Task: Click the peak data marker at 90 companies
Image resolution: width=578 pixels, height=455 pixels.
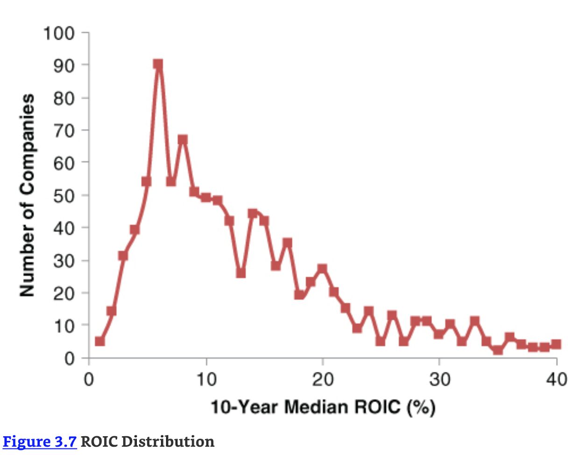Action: click(158, 64)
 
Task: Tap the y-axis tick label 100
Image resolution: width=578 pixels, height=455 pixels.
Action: click(59, 34)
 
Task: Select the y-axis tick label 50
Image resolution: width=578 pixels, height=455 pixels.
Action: click(63, 195)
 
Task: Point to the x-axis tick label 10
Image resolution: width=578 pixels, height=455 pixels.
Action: click(206, 379)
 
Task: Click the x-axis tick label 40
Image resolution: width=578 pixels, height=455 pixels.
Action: click(556, 379)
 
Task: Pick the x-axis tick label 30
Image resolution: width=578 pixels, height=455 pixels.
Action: click(439, 379)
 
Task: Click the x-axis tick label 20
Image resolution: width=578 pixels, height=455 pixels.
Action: click(323, 379)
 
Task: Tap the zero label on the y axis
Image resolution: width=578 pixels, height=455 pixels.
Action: click(70, 358)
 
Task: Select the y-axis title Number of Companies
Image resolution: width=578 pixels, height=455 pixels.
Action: click(27, 195)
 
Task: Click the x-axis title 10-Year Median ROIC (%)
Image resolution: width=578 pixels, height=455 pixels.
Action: click(323, 407)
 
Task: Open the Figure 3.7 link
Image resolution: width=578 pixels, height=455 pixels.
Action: click(40, 441)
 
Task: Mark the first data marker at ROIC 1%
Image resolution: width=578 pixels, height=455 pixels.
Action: click(100, 341)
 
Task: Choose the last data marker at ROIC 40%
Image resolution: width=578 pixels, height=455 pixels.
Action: click(556, 344)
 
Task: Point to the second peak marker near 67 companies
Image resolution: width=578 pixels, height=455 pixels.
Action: click(183, 139)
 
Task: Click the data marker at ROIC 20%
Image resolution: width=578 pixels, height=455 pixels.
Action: click(322, 269)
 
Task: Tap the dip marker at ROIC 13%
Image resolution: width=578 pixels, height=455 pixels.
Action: click(241, 273)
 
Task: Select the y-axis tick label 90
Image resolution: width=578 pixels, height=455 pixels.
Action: click(63, 65)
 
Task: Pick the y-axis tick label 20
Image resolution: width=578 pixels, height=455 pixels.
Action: click(63, 293)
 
